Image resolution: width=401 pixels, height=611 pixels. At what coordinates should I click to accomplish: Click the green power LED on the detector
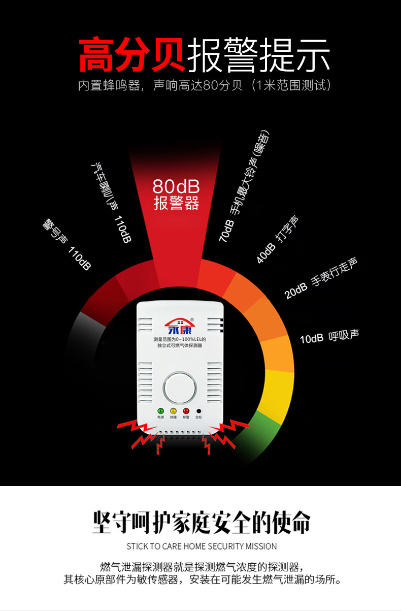(x=160, y=411)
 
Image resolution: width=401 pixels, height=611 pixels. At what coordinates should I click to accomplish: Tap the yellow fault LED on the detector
(x=173, y=411)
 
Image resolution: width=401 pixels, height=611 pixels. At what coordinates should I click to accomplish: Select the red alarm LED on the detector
(x=186, y=411)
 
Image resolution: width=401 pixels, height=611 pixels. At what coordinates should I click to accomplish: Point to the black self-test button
(x=198, y=411)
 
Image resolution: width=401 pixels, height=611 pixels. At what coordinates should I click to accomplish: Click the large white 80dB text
(x=176, y=186)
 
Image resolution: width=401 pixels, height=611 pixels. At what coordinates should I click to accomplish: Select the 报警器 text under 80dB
(x=176, y=204)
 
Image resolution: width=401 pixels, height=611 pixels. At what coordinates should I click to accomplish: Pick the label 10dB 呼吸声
(x=329, y=336)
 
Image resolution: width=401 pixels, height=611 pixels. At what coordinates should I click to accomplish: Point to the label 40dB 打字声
(x=277, y=239)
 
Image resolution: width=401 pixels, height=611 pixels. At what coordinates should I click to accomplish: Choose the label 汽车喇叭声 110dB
(x=111, y=202)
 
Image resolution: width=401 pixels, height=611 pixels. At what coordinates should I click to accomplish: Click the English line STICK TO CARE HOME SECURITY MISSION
(x=202, y=546)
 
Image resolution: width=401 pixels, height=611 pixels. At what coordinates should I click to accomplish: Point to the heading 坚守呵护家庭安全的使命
(x=201, y=522)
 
